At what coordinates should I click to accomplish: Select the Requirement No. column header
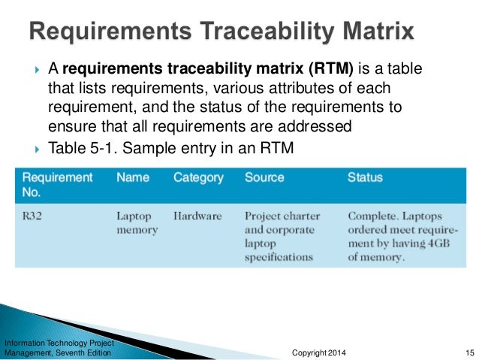pos(58,185)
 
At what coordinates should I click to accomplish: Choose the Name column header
pos(132,178)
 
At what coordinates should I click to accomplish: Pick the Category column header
pos(198,178)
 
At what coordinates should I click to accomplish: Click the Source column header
pos(264,178)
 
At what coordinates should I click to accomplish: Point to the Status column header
pos(365,178)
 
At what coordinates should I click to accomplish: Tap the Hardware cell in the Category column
pos(197,216)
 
